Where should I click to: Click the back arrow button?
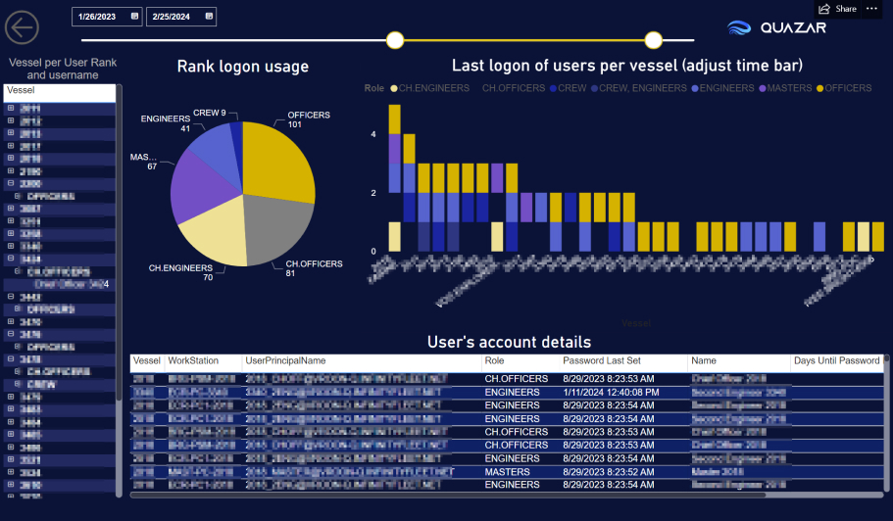click(22, 26)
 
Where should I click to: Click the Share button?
click(838, 9)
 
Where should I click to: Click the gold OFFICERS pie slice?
click(278, 157)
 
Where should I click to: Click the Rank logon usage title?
click(242, 67)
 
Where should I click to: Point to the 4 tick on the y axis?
click(372, 135)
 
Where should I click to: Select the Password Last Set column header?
click(603, 361)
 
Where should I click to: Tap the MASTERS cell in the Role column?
click(507, 471)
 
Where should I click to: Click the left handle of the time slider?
click(395, 40)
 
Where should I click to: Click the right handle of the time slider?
click(654, 40)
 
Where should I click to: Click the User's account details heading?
click(509, 342)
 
